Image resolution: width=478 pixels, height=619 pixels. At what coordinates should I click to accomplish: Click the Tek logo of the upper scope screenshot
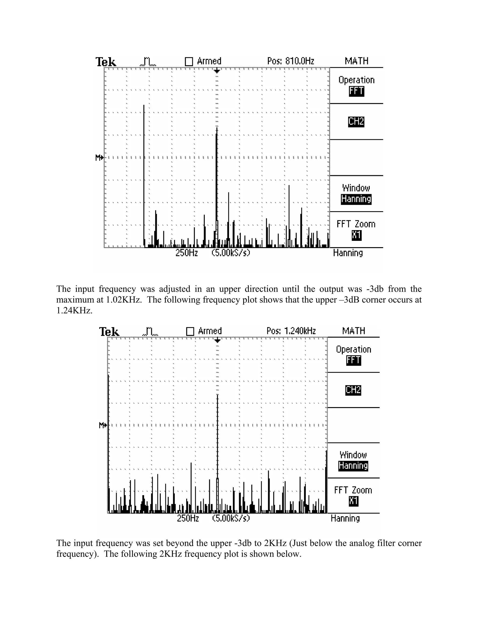coord(106,62)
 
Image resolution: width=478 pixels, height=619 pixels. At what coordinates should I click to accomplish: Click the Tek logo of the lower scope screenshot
coord(109,332)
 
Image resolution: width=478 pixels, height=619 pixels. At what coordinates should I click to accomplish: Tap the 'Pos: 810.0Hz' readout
coord(291,61)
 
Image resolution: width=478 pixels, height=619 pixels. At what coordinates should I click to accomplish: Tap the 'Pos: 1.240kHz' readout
coord(291,331)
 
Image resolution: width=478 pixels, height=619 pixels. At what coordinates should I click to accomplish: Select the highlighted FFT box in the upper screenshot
coord(356,91)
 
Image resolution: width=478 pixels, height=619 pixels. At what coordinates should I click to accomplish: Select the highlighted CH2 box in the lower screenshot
coord(353,390)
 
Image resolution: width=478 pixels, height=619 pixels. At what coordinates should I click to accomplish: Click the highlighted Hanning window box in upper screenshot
coord(356,199)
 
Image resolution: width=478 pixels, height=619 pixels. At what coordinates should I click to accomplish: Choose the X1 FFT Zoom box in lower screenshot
coord(353,501)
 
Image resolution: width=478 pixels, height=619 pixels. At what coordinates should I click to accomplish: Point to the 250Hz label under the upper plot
coord(187,253)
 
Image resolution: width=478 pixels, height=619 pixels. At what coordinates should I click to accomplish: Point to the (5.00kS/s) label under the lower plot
coord(231,518)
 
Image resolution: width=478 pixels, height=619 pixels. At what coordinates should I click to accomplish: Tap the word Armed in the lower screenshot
coord(210,331)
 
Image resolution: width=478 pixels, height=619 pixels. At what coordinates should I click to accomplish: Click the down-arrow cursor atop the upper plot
coord(217,71)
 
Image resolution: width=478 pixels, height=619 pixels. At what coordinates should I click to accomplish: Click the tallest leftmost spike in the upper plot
coord(144,170)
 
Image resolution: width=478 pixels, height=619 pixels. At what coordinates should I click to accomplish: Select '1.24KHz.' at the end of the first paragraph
coord(74,311)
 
